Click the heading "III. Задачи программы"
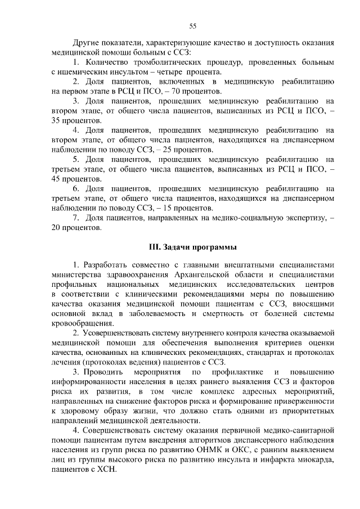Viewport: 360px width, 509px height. pos(192,247)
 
